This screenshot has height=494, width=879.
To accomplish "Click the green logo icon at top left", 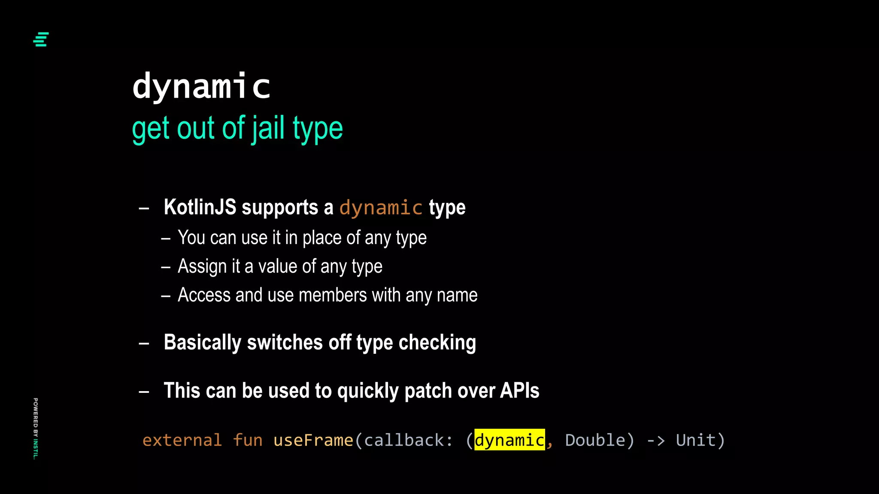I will coord(41,39).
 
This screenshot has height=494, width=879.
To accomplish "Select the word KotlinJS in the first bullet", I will coord(200,208).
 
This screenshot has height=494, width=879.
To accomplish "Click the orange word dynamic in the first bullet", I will coord(381,208).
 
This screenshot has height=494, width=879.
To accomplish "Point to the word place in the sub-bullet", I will coord(322,238).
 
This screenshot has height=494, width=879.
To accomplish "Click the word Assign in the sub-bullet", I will coord(202,267).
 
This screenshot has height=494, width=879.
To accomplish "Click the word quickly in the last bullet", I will coord(368,391).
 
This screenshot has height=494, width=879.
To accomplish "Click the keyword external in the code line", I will coord(182,440).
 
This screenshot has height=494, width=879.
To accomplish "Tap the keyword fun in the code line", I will coord(248,440).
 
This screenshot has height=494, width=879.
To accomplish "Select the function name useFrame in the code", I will coord(313,440).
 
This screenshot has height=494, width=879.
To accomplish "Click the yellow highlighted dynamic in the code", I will coord(509,440).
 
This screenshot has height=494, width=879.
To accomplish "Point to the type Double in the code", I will coord(595,440).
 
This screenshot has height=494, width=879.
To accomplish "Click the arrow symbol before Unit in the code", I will coord(655,440).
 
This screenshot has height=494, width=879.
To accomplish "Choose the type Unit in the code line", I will coord(696,440).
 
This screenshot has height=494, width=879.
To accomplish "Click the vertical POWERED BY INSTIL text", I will coord(36,428).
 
